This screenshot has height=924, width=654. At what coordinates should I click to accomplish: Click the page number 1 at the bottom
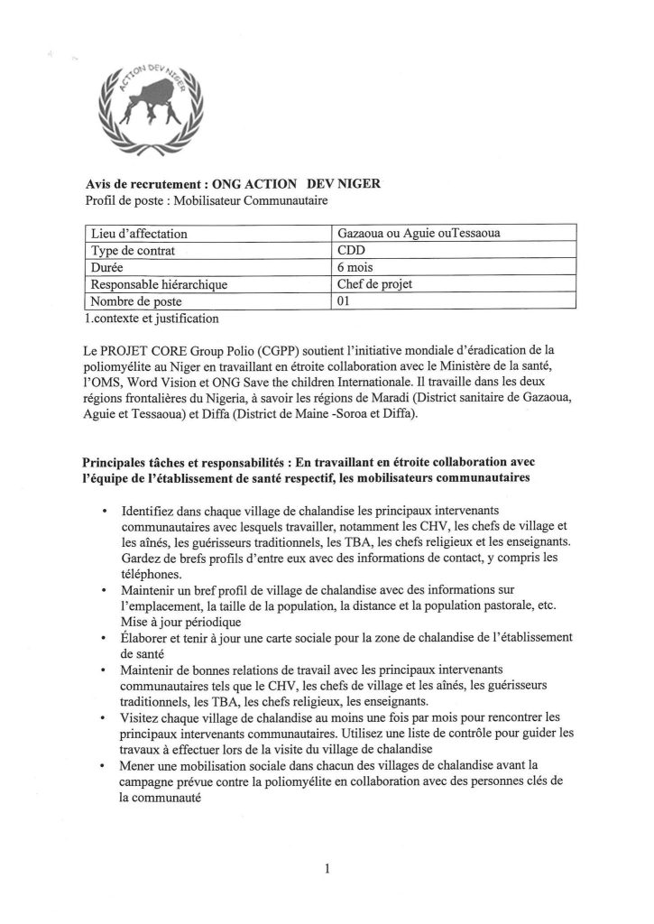coord(327,870)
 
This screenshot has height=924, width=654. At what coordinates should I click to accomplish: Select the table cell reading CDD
coord(349,250)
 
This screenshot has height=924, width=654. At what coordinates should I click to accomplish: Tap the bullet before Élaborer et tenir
coord(107,638)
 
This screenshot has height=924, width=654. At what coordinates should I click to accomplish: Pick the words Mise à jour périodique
coord(183,622)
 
